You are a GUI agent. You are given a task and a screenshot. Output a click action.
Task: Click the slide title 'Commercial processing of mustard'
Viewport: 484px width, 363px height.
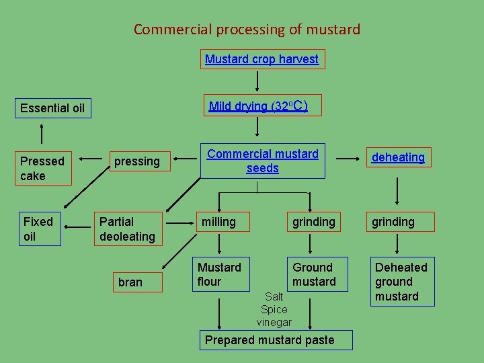click(x=247, y=30)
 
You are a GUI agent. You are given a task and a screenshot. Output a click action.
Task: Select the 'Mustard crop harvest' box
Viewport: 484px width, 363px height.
click(x=261, y=59)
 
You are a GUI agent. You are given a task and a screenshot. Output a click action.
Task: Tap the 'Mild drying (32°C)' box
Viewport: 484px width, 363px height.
click(x=258, y=106)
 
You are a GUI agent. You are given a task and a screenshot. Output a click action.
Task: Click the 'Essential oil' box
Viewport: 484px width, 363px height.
click(x=52, y=108)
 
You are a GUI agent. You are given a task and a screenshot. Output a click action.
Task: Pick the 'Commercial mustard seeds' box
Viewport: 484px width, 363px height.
click(x=262, y=161)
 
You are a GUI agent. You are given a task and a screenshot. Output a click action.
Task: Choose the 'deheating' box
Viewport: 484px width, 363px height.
click(x=399, y=157)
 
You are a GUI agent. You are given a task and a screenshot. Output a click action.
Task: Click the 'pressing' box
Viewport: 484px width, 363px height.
click(x=137, y=161)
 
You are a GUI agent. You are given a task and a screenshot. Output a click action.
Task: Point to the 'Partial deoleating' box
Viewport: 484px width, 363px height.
click(x=127, y=229)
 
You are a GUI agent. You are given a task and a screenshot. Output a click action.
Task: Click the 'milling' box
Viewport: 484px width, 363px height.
click(x=219, y=222)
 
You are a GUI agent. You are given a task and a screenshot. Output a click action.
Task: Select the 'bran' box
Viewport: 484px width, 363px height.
click(x=130, y=282)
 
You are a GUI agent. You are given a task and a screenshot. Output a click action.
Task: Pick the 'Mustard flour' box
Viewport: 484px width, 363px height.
click(x=219, y=274)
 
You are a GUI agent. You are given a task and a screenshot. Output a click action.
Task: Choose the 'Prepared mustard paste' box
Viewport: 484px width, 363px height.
click(x=270, y=340)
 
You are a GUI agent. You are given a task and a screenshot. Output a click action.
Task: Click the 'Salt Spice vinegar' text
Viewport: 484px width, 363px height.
click(x=274, y=309)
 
